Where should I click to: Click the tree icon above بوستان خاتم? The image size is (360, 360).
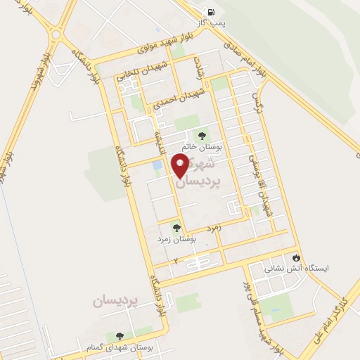click(x=202, y=136)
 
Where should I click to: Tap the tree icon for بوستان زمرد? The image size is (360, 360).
click(x=176, y=227)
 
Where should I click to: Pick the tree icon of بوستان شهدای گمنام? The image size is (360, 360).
click(x=118, y=336)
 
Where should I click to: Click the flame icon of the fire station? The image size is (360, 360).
click(x=296, y=257)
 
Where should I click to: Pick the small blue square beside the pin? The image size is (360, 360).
click(x=157, y=165)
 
